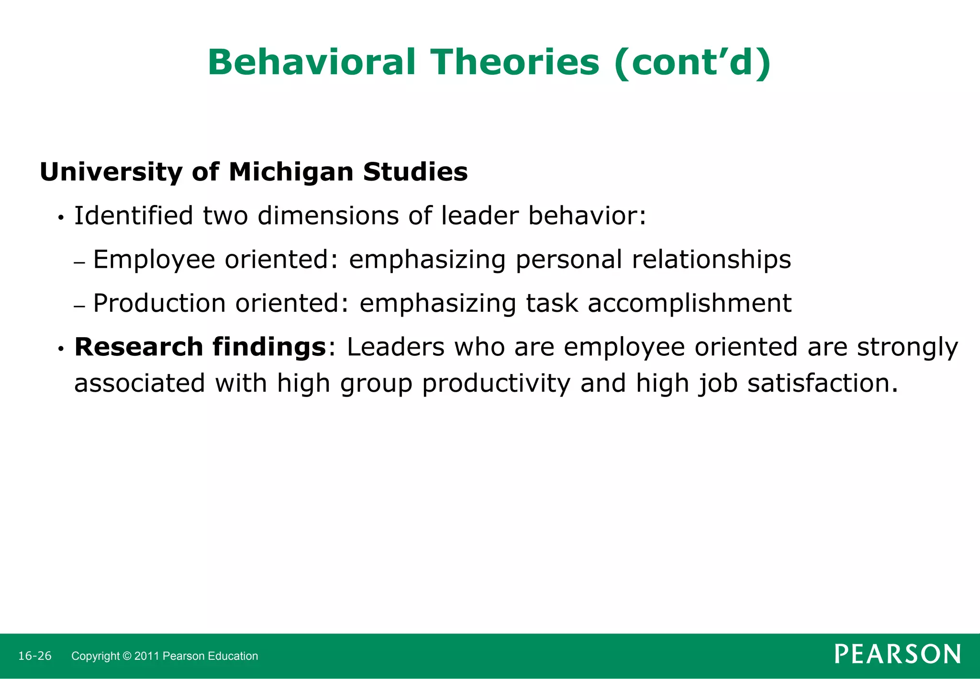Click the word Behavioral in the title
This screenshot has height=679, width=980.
pyautogui.click(x=312, y=63)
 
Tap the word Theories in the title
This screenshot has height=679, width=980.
pyautogui.click(x=515, y=63)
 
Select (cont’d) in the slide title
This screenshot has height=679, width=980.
pyautogui.click(x=692, y=63)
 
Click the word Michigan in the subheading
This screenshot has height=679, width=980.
pyautogui.click(x=291, y=172)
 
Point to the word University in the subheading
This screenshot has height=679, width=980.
pyautogui.click(x=111, y=172)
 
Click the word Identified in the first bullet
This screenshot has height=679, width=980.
pyautogui.click(x=133, y=215)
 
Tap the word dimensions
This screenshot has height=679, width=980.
pyautogui.click(x=327, y=215)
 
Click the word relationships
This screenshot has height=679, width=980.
pyautogui.click(x=711, y=260)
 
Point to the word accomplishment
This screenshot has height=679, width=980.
pyautogui.click(x=690, y=303)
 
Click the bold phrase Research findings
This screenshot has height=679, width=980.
pyautogui.click(x=200, y=347)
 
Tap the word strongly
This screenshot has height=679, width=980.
pyautogui.click(x=907, y=347)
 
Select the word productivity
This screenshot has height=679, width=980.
pyautogui.click(x=496, y=384)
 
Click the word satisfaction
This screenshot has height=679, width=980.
pyautogui.click(x=822, y=384)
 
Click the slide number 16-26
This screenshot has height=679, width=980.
pyautogui.click(x=34, y=656)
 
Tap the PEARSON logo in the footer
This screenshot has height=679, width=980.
pyautogui.click(x=897, y=654)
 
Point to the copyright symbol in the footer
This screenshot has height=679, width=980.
pyautogui.click(x=127, y=656)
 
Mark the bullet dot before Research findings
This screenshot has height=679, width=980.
pyautogui.click(x=61, y=349)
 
